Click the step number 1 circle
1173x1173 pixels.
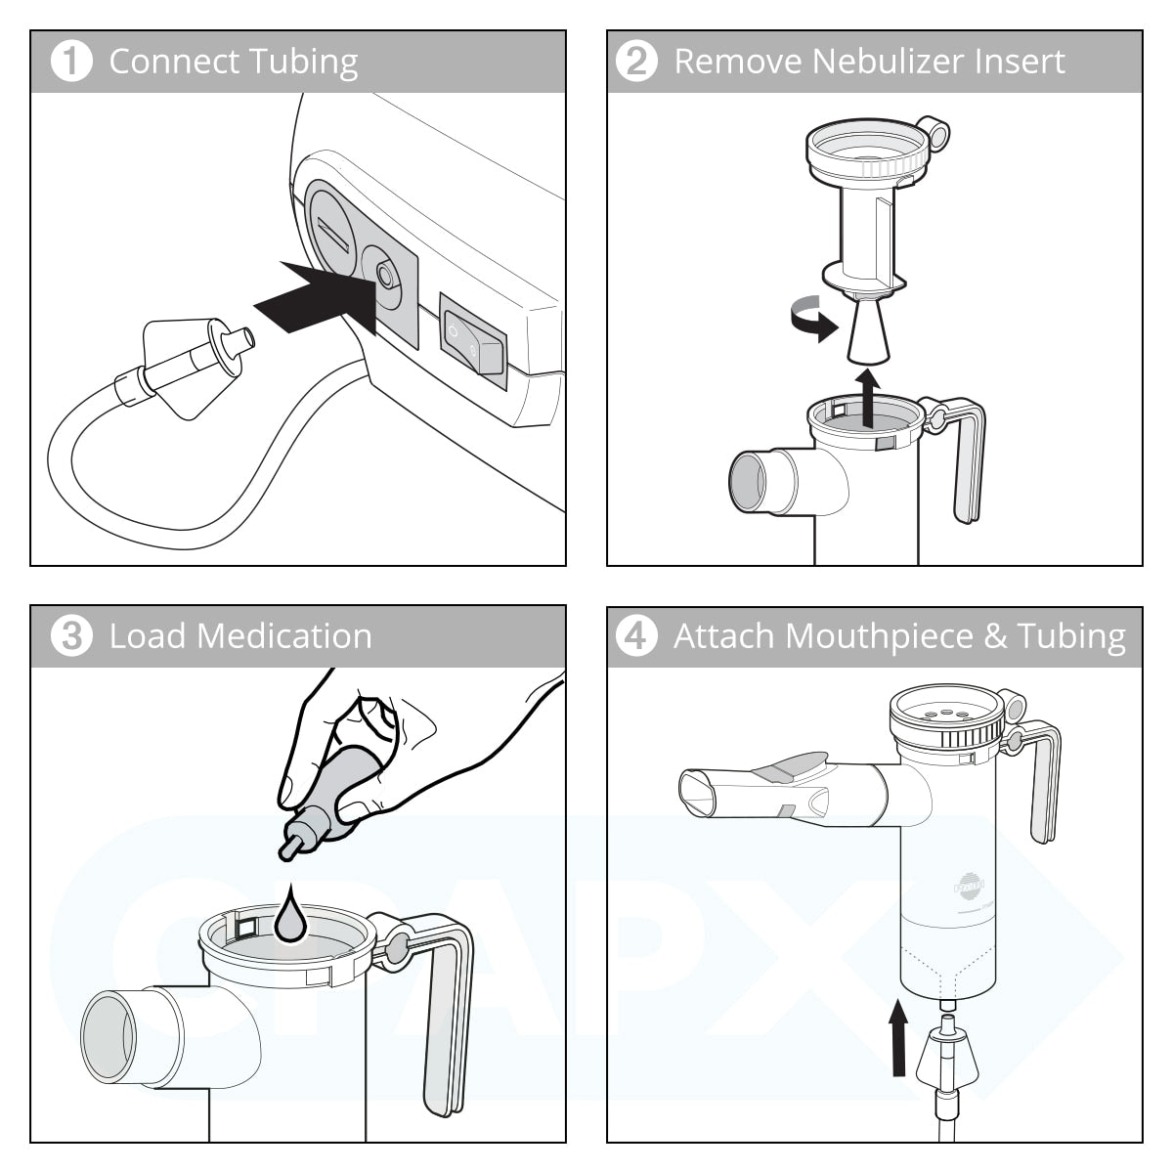70,62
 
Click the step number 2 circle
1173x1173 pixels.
636,62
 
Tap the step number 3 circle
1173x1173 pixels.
70,636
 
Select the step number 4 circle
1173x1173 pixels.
636,636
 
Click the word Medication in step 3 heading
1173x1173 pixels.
284,636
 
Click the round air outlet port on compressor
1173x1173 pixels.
385,278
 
